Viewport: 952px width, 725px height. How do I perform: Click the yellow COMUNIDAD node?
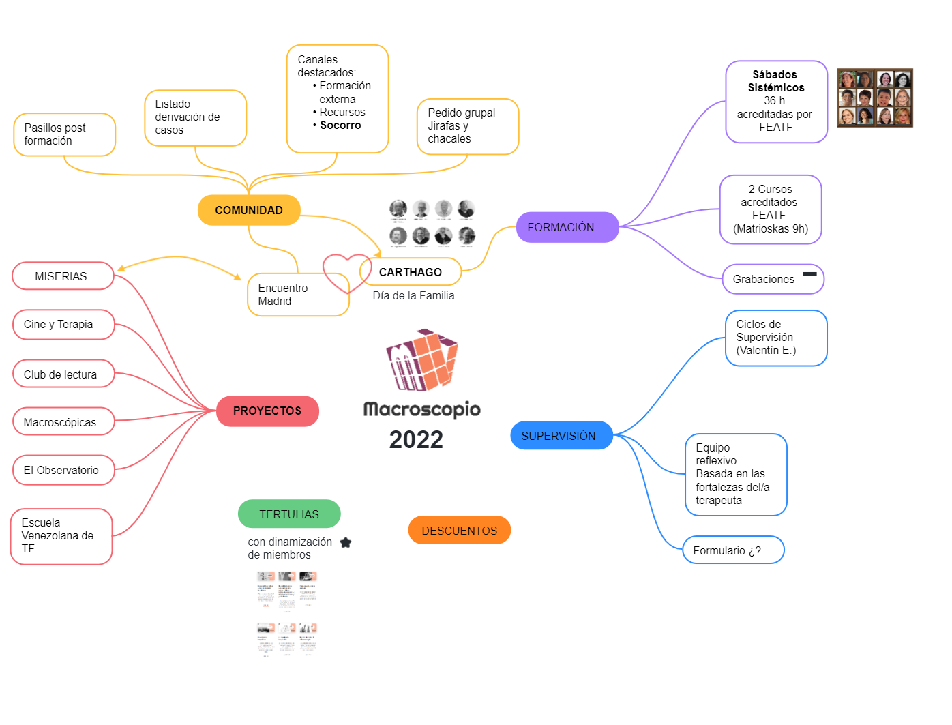(249, 210)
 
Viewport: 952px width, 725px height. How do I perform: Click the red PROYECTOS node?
(267, 411)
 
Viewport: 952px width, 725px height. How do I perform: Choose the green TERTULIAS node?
(289, 514)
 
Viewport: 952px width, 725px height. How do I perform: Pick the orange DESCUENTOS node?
(459, 531)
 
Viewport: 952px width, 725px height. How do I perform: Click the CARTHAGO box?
(411, 272)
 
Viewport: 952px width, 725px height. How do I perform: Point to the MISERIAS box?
(62, 276)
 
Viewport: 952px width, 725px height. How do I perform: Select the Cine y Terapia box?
(63, 325)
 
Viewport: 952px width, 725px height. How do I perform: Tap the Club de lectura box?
(63, 374)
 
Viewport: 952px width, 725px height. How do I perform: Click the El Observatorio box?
(63, 470)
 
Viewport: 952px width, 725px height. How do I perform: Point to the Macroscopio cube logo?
(422, 359)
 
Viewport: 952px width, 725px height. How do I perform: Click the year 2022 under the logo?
(416, 440)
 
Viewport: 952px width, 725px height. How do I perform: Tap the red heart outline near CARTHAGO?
(346, 272)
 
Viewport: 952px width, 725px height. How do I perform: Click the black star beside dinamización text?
(346, 543)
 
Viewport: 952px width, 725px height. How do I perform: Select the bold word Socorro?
(340, 125)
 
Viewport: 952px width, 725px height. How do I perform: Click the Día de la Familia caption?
(413, 295)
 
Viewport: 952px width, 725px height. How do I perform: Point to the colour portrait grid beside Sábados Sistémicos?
(874, 98)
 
